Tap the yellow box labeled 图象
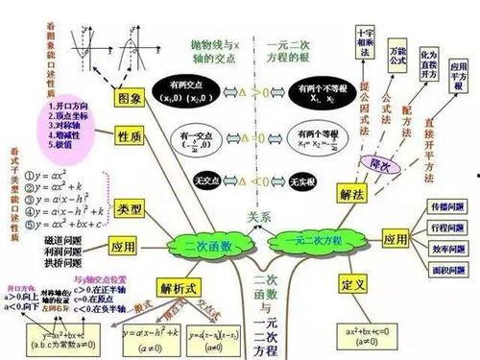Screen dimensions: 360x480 132,99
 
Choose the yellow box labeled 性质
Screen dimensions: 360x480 132,138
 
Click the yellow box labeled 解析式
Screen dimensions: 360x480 180,287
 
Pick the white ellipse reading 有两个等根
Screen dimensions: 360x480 310,136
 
